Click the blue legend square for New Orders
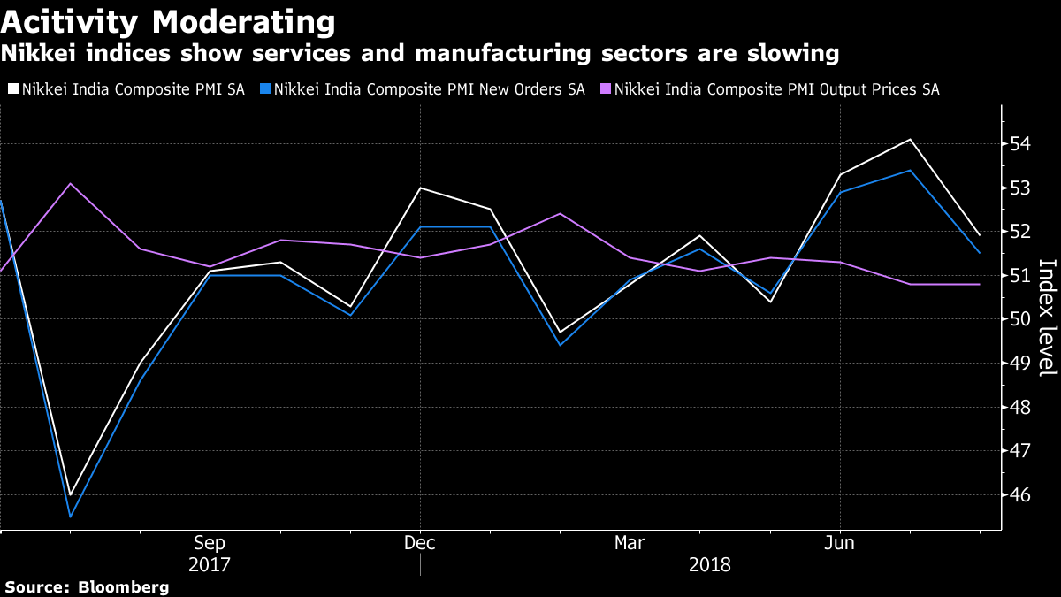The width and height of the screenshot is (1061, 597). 264,89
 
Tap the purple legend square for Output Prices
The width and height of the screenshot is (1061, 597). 605,89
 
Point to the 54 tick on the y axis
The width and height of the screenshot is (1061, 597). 1022,144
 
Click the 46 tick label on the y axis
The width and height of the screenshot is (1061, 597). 1022,495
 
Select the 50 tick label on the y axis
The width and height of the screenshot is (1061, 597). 1022,319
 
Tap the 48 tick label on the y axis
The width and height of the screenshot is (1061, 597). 1022,408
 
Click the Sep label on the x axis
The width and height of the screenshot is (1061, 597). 210,542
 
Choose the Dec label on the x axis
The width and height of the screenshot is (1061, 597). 420,542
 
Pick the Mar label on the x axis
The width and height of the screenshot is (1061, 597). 630,542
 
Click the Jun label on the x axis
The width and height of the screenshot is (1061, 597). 839,542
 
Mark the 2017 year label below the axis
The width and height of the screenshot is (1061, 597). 210,564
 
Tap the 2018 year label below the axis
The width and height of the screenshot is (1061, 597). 709,564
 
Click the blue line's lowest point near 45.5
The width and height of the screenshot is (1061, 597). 70,517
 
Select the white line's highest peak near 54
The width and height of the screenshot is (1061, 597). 910,139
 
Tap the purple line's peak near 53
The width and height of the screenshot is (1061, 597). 70,183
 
